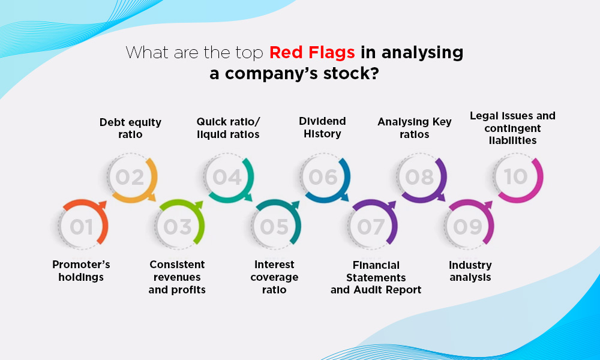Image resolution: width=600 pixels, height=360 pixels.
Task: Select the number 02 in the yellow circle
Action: click(130, 178)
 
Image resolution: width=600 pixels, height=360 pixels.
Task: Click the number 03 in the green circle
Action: click(178, 227)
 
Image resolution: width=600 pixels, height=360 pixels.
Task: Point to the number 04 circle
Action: click(227, 178)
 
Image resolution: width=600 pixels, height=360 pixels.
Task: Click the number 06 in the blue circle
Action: click(323, 178)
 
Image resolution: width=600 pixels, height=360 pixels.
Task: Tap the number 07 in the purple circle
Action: click(371, 227)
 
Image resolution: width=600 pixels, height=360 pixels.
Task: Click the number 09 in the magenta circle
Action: click(467, 227)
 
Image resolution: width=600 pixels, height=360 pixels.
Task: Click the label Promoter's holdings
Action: click(81, 271)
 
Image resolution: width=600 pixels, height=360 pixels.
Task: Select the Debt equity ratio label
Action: click(130, 128)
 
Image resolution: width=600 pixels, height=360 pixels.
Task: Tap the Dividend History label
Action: click(322, 127)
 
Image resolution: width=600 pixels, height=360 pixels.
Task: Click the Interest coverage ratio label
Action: click(274, 277)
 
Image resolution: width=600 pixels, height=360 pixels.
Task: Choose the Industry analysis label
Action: click(470, 271)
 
